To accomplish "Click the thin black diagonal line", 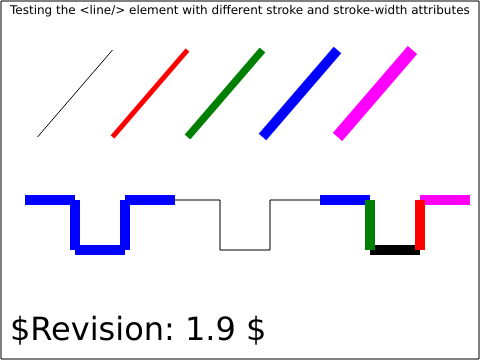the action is tap(75, 93).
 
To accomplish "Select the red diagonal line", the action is tap(150, 93).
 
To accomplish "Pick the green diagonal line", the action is tap(225, 93).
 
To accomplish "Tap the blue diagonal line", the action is tap(300, 93).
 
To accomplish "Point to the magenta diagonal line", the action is tap(375, 93).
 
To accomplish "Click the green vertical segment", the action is tap(370, 225).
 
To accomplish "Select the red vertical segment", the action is tap(420, 225).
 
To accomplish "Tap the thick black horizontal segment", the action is tap(395, 250).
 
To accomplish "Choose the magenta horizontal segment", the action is tap(445, 200).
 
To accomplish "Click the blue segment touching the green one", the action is tap(345, 200).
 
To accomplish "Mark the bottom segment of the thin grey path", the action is tap(245, 250).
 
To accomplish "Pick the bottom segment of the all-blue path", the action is tap(100, 250).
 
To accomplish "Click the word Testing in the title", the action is tap(31, 10).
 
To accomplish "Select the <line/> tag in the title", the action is tap(102, 10).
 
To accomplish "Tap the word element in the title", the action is tap(154, 10).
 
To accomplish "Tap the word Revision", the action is tap(102, 329).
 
